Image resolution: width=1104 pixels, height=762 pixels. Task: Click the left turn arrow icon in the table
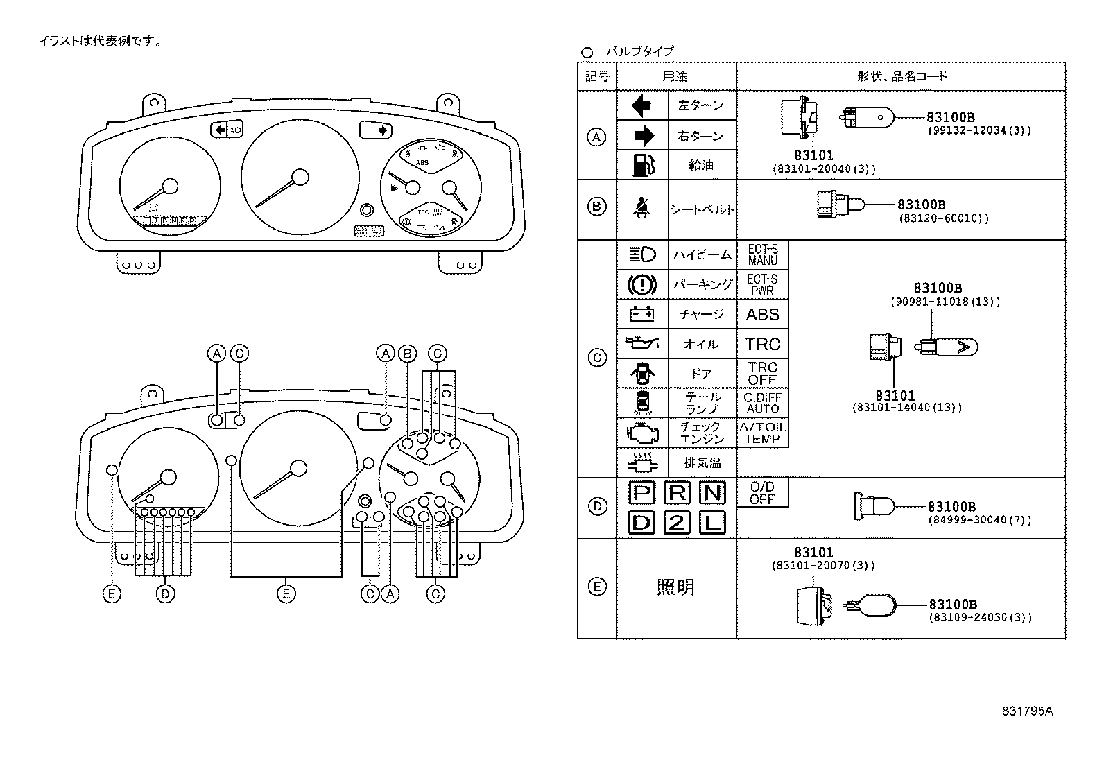click(x=642, y=105)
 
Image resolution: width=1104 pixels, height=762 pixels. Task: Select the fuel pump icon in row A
click(x=642, y=165)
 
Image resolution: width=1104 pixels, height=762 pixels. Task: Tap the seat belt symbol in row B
click(x=642, y=209)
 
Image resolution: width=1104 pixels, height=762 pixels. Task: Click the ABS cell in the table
click(x=762, y=314)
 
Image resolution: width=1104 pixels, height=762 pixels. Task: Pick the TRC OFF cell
click(x=762, y=373)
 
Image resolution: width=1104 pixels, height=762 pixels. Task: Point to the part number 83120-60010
click(x=943, y=218)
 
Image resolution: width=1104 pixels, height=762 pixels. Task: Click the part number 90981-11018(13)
click(x=945, y=302)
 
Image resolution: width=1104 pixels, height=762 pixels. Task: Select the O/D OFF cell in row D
click(x=762, y=492)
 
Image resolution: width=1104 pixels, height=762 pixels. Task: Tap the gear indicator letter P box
click(x=641, y=493)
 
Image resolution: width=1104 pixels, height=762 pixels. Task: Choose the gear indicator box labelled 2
click(x=677, y=522)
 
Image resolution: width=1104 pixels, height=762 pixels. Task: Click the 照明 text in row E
click(x=675, y=587)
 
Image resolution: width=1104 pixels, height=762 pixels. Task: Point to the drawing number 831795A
click(x=1027, y=711)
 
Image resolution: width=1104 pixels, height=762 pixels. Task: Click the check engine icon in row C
click(x=642, y=433)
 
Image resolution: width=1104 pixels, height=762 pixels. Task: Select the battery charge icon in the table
click(x=642, y=314)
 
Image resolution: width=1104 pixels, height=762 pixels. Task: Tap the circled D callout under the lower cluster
click(x=165, y=594)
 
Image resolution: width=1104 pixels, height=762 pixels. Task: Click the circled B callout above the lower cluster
click(x=408, y=354)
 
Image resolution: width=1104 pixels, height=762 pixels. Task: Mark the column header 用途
click(x=675, y=76)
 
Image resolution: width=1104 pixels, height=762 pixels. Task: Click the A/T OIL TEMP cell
click(x=762, y=433)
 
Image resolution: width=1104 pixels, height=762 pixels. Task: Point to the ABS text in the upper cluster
click(x=422, y=163)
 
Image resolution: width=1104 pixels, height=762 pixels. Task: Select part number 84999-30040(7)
click(x=979, y=519)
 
